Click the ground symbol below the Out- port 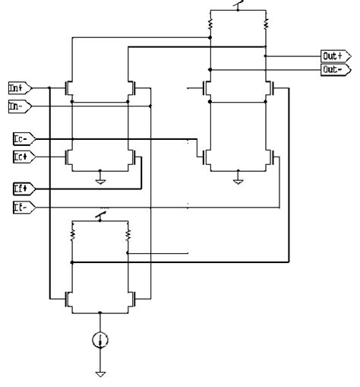pos(238,181)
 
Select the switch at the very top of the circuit pos(238,8)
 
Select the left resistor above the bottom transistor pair pos(73,237)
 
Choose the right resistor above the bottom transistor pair pos(127,237)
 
